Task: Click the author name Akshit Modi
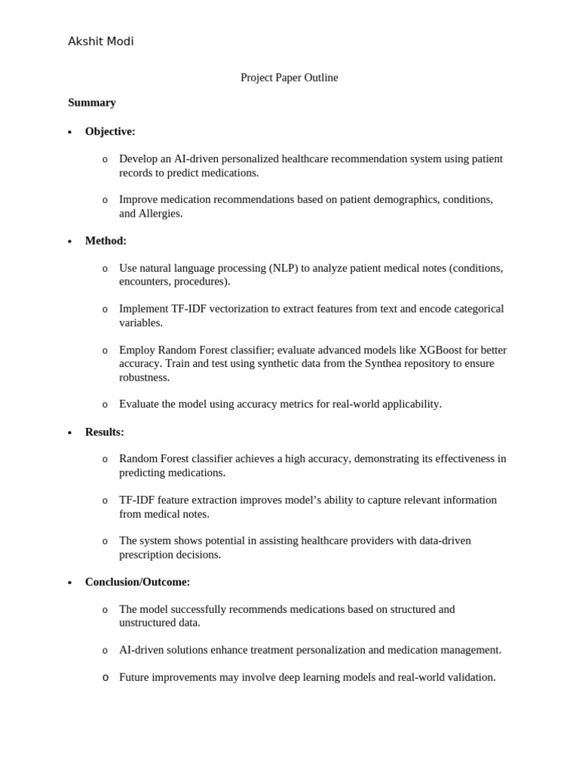[100, 42]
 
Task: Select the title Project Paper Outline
[289, 78]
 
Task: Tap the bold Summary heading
[92, 103]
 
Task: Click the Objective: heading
[110, 131]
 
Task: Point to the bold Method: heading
[106, 241]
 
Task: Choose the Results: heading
[104, 432]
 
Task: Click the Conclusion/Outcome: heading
[137, 582]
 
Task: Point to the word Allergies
[160, 214]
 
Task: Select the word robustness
[144, 377]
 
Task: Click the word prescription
[147, 555]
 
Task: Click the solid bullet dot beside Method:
[70, 242]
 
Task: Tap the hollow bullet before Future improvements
[105, 678]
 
